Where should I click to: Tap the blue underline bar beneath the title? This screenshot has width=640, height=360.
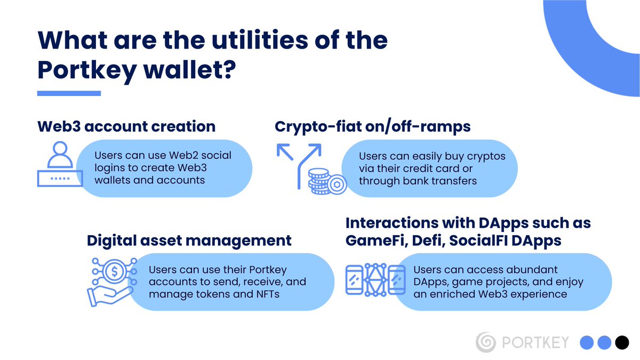pyautogui.click(x=69, y=93)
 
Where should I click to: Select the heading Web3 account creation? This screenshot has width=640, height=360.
pyautogui.click(x=126, y=126)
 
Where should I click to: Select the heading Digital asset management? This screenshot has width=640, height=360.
pyautogui.click(x=189, y=240)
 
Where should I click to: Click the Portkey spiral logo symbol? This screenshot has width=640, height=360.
pyautogui.click(x=486, y=342)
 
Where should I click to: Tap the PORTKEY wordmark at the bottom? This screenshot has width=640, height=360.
pyautogui.click(x=535, y=342)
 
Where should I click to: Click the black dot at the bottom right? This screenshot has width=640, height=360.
pyautogui.click(x=621, y=342)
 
